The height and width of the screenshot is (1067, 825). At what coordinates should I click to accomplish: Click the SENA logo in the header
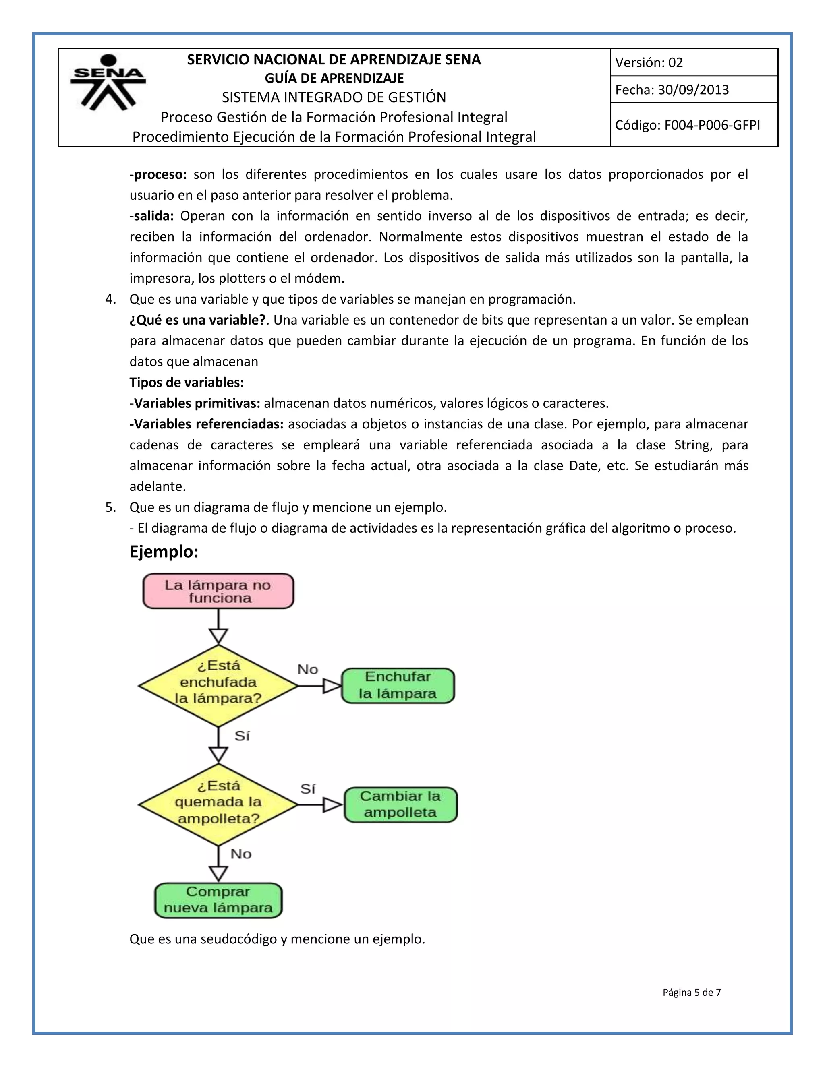108,82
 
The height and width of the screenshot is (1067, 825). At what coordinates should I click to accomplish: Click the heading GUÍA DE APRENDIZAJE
334,78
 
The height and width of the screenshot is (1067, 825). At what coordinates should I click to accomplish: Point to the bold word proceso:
160,174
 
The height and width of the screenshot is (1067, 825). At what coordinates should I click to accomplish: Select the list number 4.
110,300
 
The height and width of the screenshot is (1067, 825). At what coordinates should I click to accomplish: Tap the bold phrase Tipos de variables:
186,383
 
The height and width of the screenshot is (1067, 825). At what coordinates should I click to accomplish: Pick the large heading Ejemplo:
164,552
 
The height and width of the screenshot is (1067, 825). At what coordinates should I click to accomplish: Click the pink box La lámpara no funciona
218,591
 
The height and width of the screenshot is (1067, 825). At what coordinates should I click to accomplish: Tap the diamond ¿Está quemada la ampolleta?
218,804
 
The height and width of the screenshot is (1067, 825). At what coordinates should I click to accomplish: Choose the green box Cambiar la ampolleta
400,804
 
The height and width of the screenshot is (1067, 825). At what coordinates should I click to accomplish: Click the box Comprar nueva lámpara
218,900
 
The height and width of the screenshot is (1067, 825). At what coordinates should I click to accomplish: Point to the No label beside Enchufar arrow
307,669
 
